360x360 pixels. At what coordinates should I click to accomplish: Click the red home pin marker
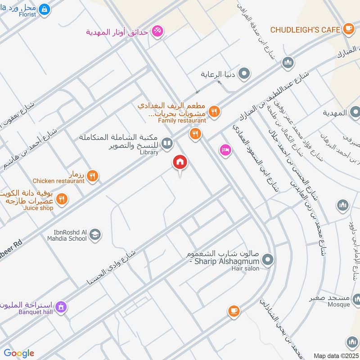[180, 163]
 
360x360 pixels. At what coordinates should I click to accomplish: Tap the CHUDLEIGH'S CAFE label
[304, 30]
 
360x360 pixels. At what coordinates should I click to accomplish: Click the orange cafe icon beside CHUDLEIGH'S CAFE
[348, 29]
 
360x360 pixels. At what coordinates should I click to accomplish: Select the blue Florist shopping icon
[44, 9]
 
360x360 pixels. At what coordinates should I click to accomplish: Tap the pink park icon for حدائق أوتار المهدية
[157, 32]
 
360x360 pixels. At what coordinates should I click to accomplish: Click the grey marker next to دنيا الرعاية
[244, 73]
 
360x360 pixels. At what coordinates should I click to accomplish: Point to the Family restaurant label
[182, 121]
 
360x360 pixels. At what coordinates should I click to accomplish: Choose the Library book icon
[167, 144]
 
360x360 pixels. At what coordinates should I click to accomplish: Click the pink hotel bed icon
[225, 150]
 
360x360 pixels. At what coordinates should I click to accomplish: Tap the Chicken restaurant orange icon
[93, 176]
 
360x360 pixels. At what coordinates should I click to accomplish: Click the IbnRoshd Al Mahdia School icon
[95, 234]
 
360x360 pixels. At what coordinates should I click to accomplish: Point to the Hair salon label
[245, 268]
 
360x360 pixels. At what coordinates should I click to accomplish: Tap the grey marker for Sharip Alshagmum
[268, 259]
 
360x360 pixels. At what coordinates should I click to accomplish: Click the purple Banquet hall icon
[62, 307]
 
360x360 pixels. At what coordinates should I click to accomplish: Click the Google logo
[19, 353]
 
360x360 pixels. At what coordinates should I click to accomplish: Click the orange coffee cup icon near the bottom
[233, 311]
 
